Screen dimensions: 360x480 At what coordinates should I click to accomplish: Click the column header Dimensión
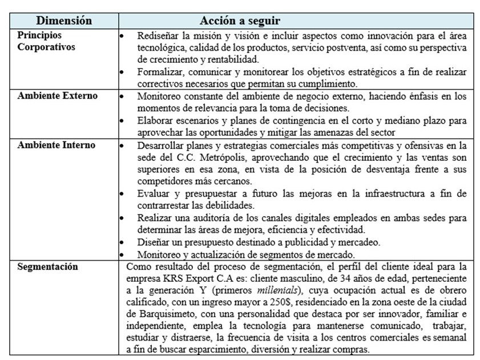pos(64,21)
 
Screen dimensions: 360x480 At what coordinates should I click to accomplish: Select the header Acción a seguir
pos(240,21)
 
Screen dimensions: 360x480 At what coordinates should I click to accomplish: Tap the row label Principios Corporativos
pos(46,41)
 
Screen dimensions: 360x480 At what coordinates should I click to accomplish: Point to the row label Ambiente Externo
pos(57,96)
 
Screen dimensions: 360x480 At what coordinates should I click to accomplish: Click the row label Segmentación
pos(48,266)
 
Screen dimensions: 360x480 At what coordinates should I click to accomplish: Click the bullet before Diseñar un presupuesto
pos(121,242)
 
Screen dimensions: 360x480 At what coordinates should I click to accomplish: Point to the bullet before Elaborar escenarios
pos(121,120)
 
